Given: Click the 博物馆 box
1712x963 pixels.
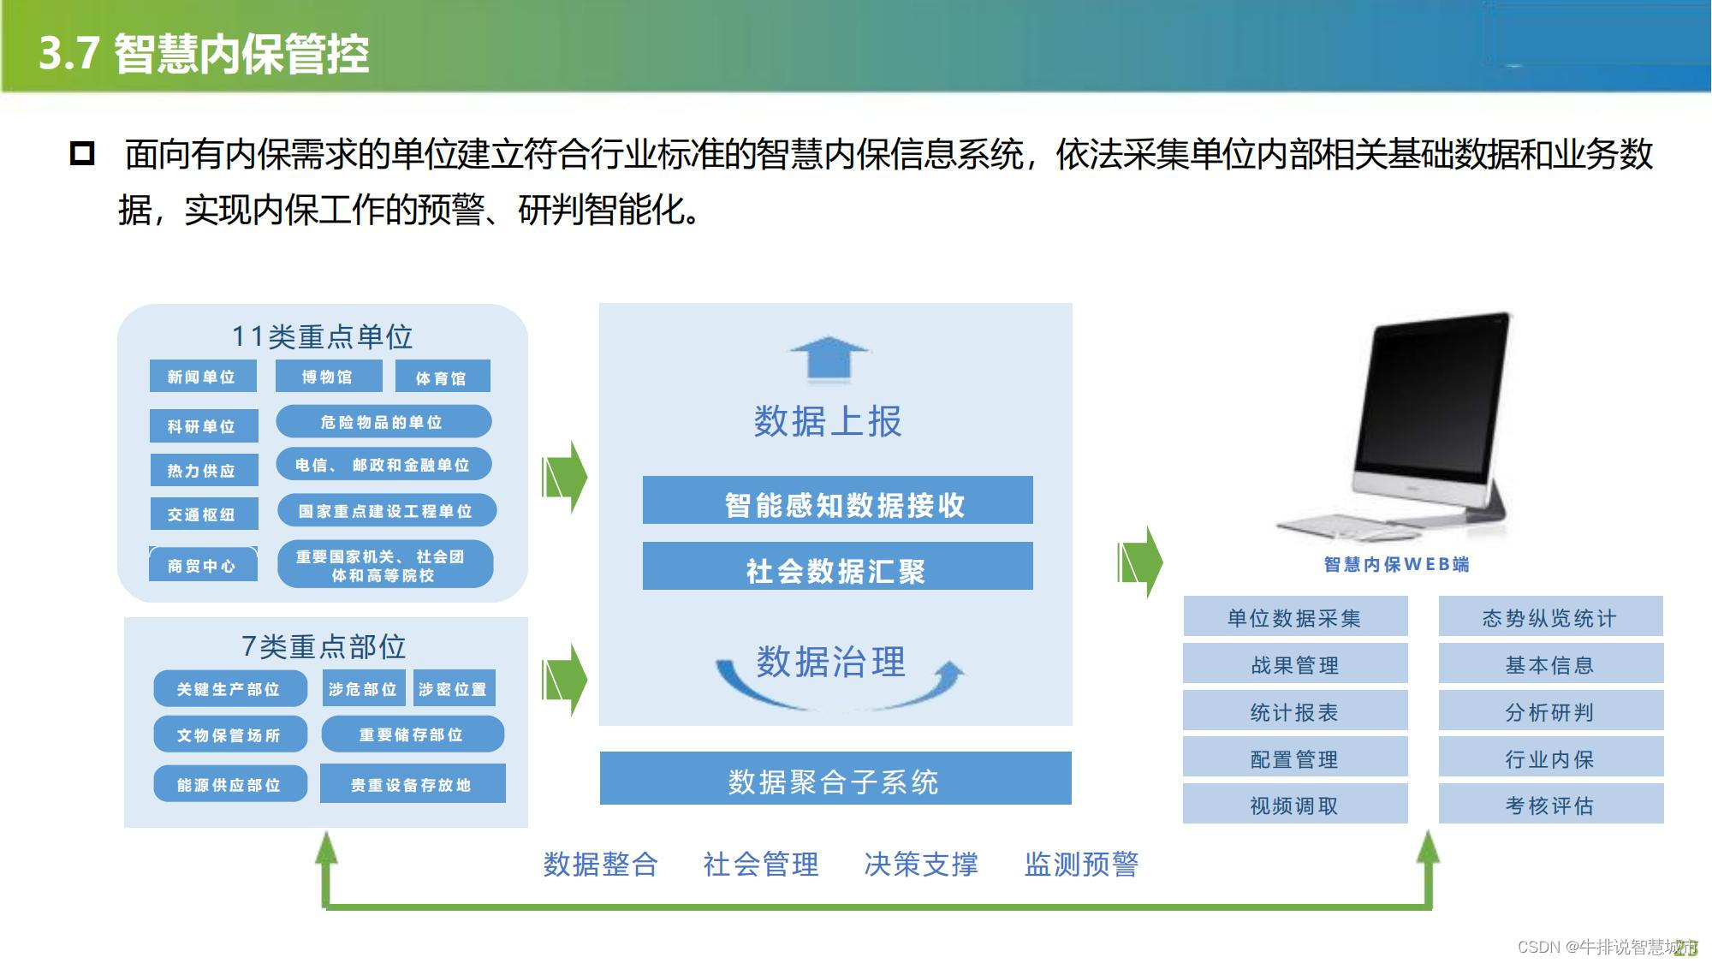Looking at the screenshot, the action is coord(327,377).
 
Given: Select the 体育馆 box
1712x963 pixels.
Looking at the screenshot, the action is coord(442,377).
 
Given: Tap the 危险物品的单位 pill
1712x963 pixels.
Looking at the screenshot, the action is coord(383,422).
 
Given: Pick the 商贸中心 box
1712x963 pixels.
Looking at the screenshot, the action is coord(202,565).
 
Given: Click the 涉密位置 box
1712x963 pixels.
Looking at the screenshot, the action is coord(454,688).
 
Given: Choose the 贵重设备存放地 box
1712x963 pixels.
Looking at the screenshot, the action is coord(412,784).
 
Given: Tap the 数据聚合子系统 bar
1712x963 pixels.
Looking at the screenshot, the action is coord(835,779).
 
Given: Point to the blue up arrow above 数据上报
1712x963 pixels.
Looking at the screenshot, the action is coord(828,357).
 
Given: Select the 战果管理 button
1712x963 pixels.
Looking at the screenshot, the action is coord(1294,664).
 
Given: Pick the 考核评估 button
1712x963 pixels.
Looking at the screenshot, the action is coord(1550,805).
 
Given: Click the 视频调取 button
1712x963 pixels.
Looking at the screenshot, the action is coord(1294,805).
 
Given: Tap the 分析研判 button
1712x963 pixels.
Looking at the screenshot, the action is coord(1550,711).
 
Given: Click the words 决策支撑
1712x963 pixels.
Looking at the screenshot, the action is coord(921,865).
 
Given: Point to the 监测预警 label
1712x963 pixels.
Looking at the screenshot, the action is coord(1081,865).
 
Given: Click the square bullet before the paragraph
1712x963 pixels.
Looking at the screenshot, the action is coord(82,153).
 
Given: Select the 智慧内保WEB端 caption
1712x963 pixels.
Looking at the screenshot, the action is coord(1396,564).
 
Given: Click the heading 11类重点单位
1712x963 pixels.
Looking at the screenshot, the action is coord(323,337).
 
